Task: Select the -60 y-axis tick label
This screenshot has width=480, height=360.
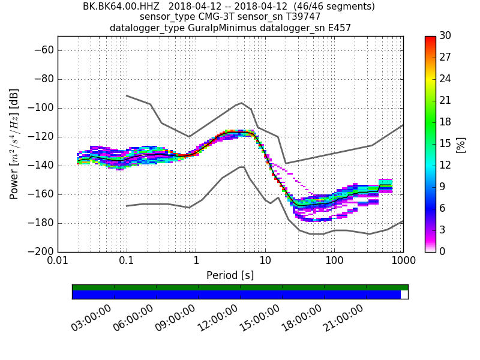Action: click(43, 50)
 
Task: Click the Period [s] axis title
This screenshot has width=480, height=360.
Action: click(230, 275)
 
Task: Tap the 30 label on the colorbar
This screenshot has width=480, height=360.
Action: click(446, 36)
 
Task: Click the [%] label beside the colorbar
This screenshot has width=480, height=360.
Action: click(461, 144)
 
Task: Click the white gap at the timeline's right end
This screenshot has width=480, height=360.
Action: click(404, 295)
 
